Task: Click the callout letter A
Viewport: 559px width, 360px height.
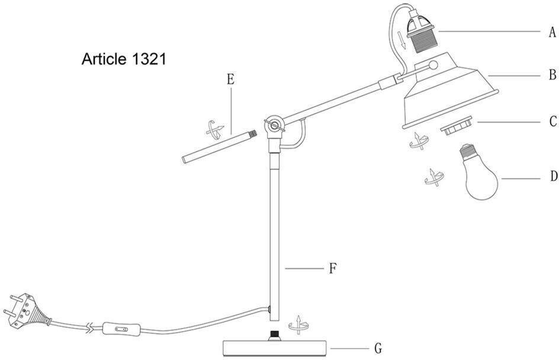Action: (552, 32)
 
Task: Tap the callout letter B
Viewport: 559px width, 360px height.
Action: (552, 75)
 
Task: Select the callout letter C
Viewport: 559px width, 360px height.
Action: (553, 121)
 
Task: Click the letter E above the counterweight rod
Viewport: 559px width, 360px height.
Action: (231, 79)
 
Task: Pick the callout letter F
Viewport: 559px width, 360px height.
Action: (332, 268)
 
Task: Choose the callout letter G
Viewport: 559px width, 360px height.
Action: (378, 348)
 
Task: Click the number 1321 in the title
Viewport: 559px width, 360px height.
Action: (149, 59)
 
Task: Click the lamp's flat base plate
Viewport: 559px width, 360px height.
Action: (275, 348)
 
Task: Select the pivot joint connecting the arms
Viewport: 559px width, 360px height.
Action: (275, 125)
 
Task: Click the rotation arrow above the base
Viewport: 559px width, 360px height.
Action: (299, 324)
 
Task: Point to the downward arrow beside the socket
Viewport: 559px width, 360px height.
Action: (402, 40)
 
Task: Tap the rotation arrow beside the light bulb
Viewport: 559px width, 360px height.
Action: (434, 178)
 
